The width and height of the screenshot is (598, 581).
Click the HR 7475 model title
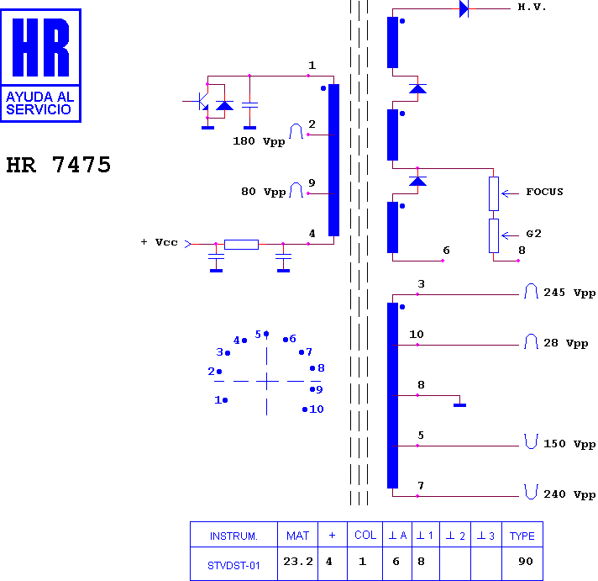coord(58,165)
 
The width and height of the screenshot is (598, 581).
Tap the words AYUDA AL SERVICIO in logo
coord(40,103)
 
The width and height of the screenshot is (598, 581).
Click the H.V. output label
coord(532,7)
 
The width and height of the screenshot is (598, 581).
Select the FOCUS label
coord(544,192)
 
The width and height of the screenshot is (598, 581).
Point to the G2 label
coord(533,234)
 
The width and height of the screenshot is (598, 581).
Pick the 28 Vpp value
coord(565,343)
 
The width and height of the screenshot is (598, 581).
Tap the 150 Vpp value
coord(569,444)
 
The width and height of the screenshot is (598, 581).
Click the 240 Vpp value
coord(569,494)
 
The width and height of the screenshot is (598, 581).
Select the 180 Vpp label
coord(259,141)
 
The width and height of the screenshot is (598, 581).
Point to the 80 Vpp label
coord(263,192)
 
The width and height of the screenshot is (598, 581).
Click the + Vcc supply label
coord(159,242)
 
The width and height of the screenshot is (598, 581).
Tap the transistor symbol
coord(200,102)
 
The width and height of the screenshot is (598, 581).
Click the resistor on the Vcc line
coord(241,245)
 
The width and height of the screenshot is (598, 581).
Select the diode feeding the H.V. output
coord(464,8)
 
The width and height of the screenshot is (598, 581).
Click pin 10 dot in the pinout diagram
coord(305,409)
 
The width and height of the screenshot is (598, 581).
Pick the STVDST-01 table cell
coord(233,565)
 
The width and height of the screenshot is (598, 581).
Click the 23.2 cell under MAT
coord(298,561)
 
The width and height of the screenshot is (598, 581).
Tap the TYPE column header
coord(522,536)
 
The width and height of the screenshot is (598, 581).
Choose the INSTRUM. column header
coord(233,536)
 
